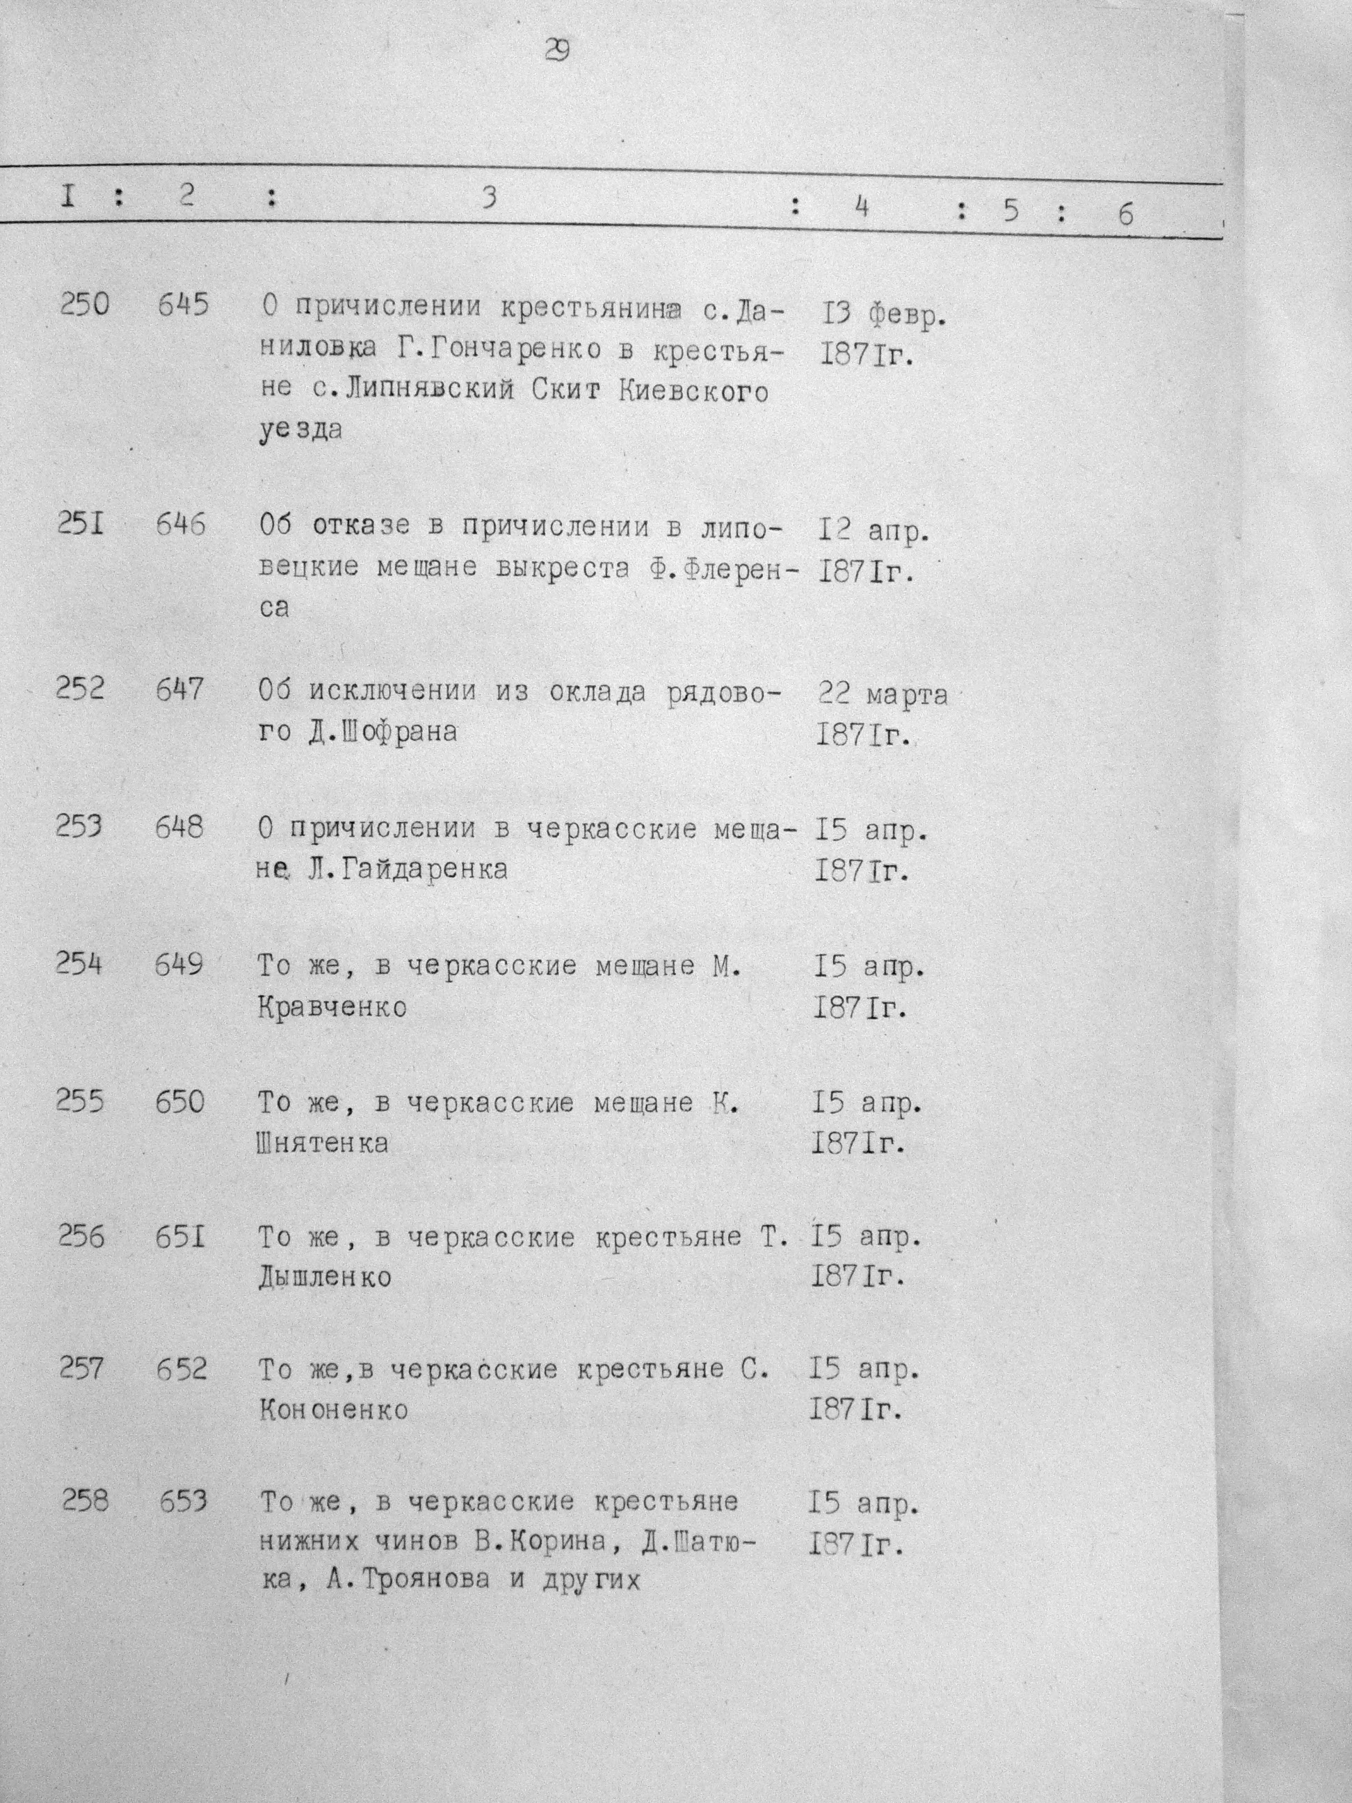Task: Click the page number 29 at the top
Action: pyautogui.click(x=558, y=51)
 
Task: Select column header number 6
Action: pyautogui.click(x=1125, y=214)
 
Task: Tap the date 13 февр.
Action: pyautogui.click(x=881, y=314)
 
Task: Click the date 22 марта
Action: pyautogui.click(x=883, y=694)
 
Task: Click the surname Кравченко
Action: pyautogui.click(x=332, y=1007)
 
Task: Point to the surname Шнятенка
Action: pyautogui.click(x=323, y=1143)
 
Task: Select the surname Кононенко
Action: pyautogui.click(x=333, y=1410)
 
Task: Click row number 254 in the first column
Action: pyautogui.click(x=79, y=963)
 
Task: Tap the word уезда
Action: pyautogui.click(x=300, y=430)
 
